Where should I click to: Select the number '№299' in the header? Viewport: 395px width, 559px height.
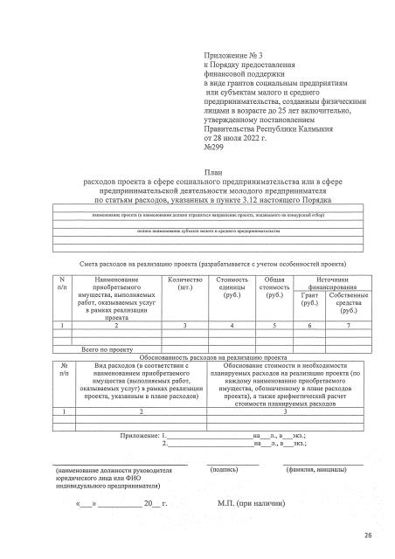pyautogui.click(x=214, y=146)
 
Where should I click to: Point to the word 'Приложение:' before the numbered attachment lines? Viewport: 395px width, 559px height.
pyautogui.click(x=140, y=434)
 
